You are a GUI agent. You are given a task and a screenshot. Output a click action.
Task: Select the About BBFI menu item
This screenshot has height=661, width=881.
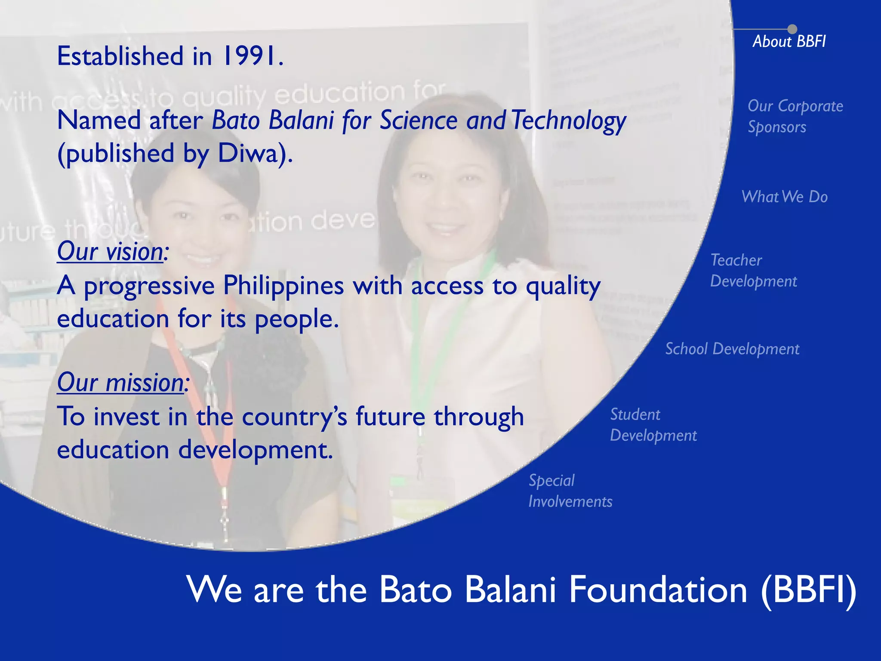[789, 41]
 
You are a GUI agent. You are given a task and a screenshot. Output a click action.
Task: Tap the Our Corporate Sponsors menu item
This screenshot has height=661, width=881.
[795, 116]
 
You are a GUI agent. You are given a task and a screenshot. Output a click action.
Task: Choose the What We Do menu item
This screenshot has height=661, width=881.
[784, 197]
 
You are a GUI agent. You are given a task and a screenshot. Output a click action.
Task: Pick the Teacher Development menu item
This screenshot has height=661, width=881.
[753, 270]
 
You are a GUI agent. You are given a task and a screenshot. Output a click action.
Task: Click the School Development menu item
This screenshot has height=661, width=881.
[732, 349]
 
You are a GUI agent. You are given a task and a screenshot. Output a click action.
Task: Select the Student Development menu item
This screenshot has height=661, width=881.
[653, 425]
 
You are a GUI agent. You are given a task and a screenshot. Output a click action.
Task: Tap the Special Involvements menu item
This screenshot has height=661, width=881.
[570, 491]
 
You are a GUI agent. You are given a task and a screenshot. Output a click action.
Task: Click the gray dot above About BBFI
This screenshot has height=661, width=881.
[792, 29]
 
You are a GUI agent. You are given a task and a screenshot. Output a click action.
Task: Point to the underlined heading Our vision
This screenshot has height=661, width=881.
[111, 251]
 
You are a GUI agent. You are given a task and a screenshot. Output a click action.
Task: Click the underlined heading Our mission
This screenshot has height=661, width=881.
[122, 382]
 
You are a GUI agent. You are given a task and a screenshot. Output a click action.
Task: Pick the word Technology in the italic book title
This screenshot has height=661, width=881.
[569, 120]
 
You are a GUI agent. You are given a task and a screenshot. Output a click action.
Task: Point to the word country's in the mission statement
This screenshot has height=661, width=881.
[294, 417]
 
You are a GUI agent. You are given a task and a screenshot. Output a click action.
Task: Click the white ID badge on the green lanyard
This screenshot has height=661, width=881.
[422, 495]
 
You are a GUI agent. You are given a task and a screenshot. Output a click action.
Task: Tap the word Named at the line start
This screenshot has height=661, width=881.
[99, 120]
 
